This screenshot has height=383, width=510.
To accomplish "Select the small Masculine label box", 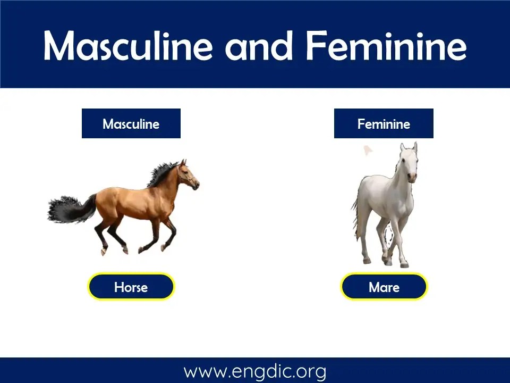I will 131,124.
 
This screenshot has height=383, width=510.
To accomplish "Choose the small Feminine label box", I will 384,124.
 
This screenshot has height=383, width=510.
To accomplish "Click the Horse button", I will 131,287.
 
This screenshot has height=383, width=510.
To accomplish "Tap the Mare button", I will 384,287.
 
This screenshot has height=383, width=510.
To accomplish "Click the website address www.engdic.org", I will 255,371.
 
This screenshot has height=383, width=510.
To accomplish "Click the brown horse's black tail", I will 66,209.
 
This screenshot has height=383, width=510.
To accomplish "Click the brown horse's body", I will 133,202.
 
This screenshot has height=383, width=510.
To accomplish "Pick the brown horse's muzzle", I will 195,185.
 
